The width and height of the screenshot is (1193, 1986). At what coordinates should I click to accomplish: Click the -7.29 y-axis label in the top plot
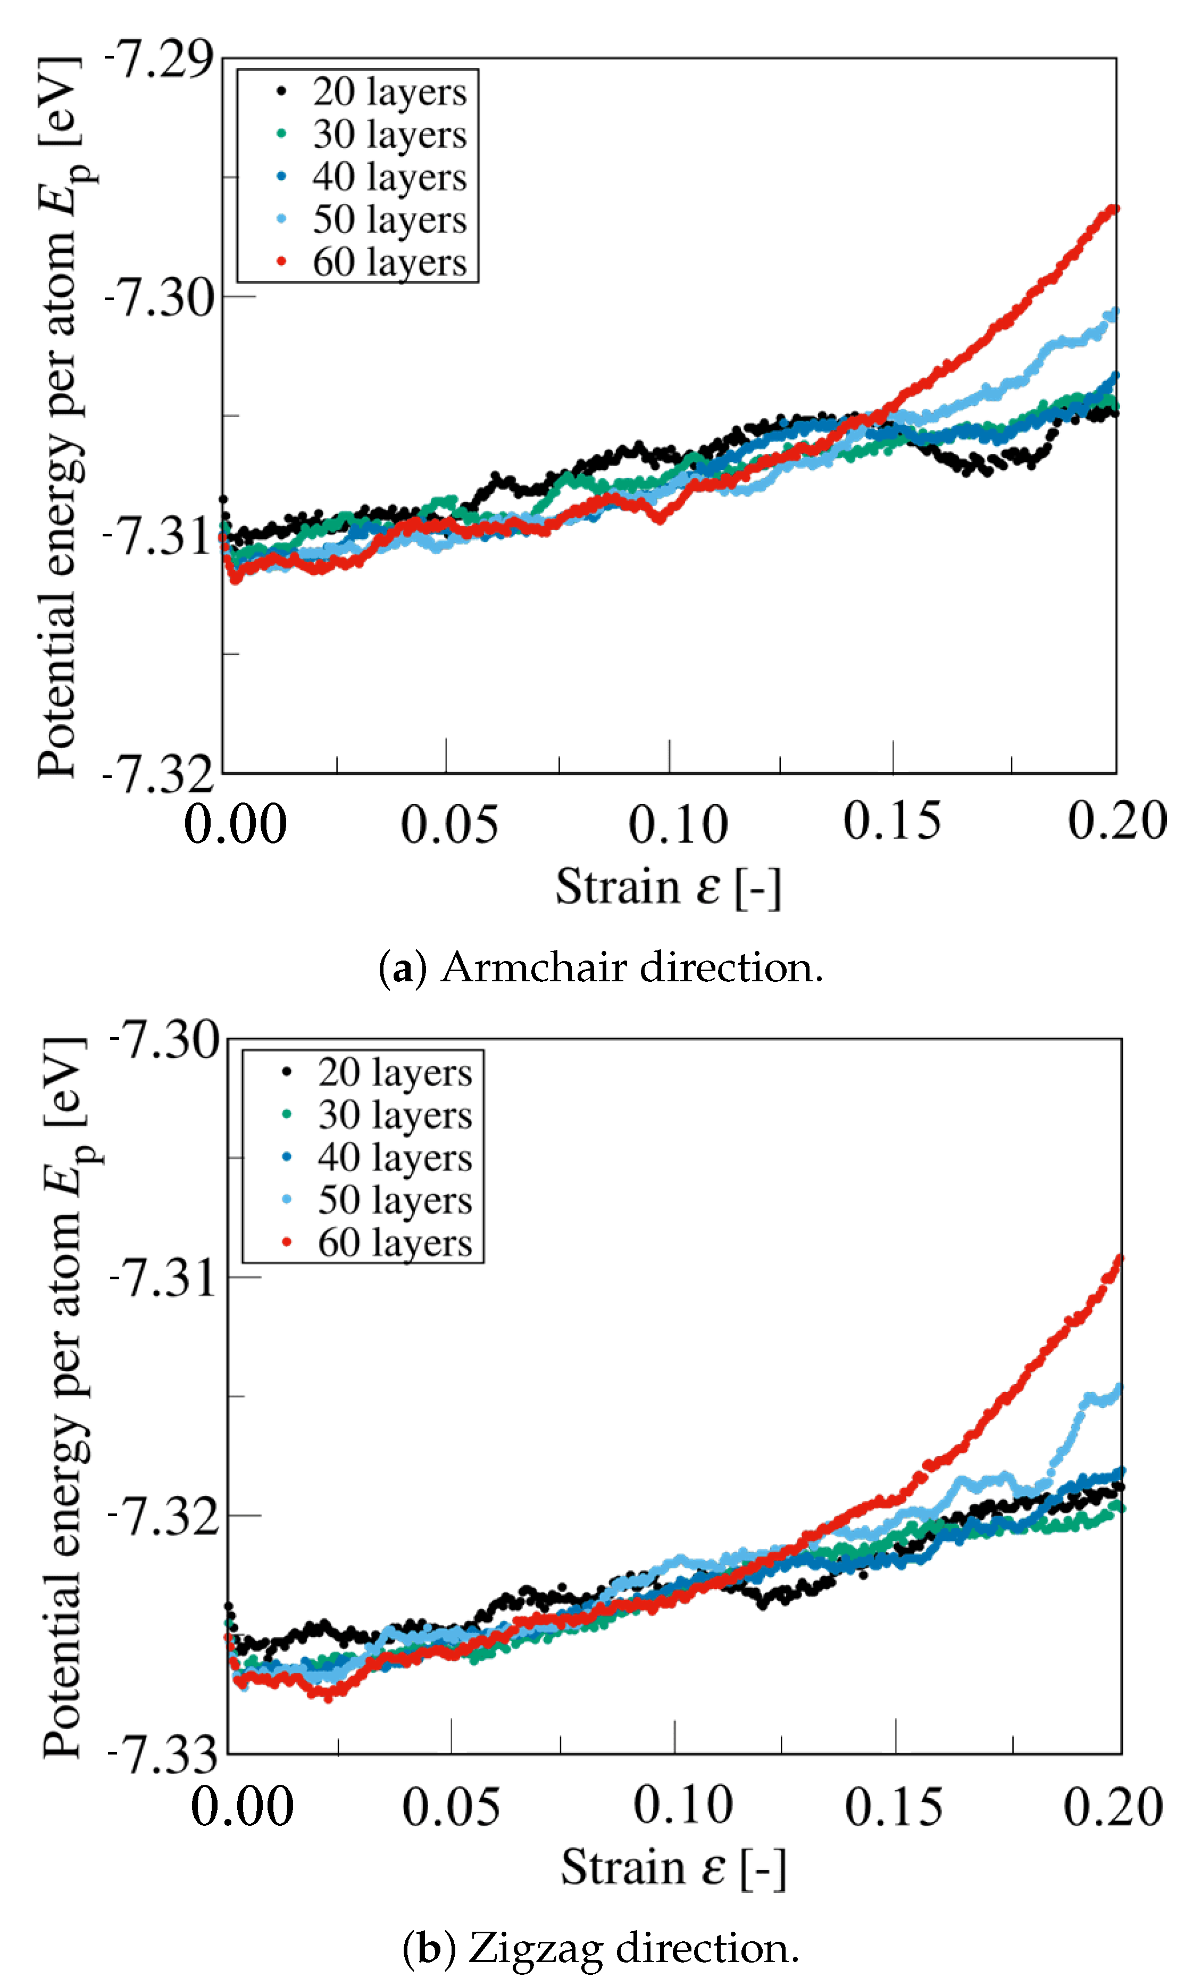coord(159,60)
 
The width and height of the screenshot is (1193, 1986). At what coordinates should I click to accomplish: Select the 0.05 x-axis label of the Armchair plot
coord(448,824)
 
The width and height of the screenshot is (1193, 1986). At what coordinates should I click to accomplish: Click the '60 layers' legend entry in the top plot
coord(389,262)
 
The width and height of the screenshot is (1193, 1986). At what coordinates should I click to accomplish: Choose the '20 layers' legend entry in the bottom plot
coord(395,1072)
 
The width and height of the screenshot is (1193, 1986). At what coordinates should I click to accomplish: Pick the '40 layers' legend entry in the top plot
coord(389,177)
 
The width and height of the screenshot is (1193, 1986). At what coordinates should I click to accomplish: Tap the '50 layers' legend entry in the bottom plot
coord(395,1200)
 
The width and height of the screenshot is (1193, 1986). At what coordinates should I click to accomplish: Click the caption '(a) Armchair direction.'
coord(600,967)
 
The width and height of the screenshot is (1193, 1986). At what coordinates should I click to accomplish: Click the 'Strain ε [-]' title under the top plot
coord(668,887)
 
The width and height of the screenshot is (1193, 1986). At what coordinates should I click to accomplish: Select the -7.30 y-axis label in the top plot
coord(159,297)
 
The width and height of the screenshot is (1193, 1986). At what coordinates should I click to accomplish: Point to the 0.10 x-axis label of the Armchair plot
coord(678,824)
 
